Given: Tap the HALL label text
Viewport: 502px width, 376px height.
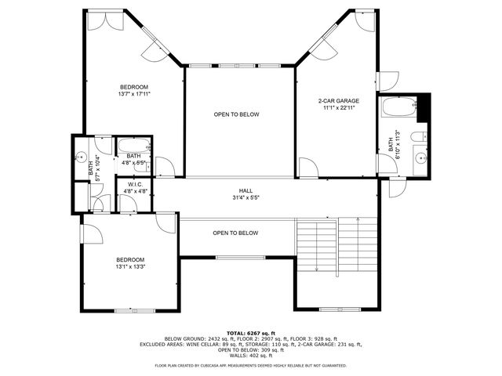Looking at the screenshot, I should click(x=246, y=190).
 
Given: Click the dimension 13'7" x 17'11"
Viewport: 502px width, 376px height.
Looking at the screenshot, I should click(x=133, y=94).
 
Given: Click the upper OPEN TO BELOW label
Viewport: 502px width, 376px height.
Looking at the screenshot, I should click(x=236, y=114).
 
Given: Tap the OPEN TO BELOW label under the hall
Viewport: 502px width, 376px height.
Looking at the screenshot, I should click(x=235, y=233).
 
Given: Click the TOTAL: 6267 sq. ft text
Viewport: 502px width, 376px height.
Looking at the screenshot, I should click(x=251, y=333).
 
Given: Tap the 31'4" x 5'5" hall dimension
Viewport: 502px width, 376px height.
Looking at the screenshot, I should click(x=246, y=197).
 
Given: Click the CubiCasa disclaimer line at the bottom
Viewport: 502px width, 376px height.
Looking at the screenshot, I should click(x=251, y=366).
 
